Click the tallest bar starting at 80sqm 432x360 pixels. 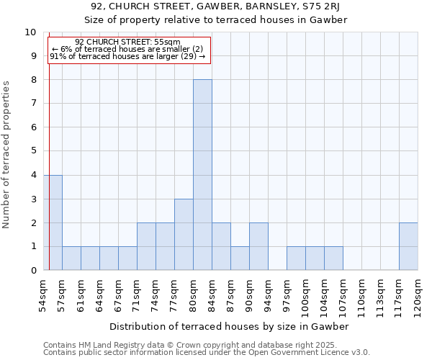point(202,175)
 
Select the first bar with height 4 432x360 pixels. point(53,222)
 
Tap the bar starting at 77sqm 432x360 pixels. point(184,235)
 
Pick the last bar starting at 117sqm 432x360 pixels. point(408,246)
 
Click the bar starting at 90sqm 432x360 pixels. point(258,246)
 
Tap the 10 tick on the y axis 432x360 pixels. point(30,32)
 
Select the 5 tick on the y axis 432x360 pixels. point(33,151)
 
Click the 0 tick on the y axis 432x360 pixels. point(33,271)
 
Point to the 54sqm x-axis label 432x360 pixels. point(43,295)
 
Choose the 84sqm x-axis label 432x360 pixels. point(212,295)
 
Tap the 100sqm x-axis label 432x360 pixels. point(305,297)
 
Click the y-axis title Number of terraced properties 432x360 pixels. point(7,155)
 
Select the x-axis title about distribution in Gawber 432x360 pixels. point(230,326)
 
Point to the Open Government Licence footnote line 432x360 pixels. point(207,353)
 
